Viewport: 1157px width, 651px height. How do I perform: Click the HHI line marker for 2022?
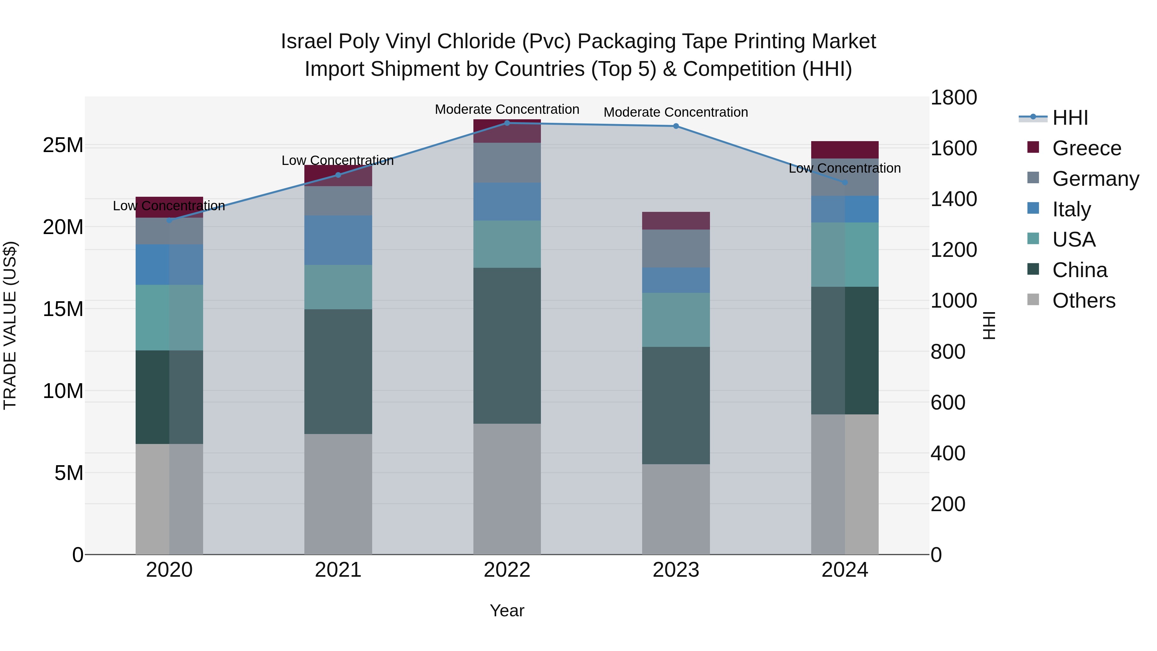click(x=507, y=123)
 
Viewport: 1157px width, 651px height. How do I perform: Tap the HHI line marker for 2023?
click(x=676, y=126)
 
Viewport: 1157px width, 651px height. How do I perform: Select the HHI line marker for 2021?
click(x=338, y=175)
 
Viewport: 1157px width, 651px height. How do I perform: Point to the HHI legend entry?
click(x=1070, y=118)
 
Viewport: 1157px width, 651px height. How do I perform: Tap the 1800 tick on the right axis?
click(x=954, y=97)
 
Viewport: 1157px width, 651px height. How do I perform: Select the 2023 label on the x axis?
click(x=676, y=570)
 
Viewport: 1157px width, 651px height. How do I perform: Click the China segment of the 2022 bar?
click(x=507, y=346)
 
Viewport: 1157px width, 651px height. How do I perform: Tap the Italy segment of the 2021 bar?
click(x=338, y=240)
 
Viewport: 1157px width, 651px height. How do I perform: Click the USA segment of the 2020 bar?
click(x=169, y=318)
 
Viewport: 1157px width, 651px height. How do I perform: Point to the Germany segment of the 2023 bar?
click(x=676, y=249)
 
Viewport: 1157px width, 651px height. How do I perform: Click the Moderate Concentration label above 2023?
click(x=676, y=112)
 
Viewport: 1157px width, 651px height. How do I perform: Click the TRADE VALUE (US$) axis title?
click(x=10, y=325)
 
